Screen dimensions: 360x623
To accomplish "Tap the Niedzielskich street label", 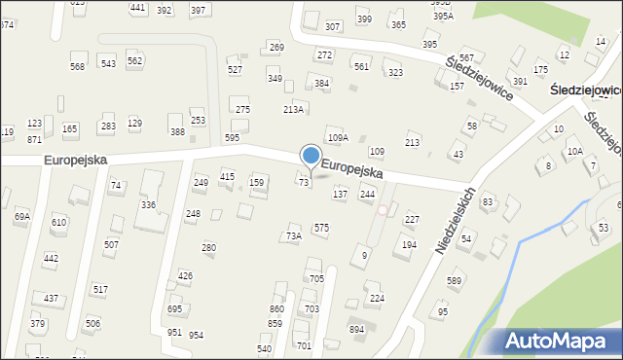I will click(455, 222).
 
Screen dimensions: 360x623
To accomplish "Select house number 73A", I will click(293, 235).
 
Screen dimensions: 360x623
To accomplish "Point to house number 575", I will click(320, 227).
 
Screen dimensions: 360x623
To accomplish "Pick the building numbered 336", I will click(148, 204).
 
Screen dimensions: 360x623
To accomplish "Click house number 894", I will click(357, 329).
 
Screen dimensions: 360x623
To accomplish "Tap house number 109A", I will click(337, 138).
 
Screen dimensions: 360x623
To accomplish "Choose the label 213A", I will click(293, 109).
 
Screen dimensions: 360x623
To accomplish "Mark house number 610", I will click(59, 222).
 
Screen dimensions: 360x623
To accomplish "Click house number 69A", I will click(21, 217).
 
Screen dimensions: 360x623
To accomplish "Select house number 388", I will click(177, 131).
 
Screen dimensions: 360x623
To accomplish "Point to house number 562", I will click(135, 60).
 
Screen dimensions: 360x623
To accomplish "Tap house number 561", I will click(361, 66).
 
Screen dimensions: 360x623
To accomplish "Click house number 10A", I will click(575, 151).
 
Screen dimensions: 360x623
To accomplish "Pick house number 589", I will click(454, 281).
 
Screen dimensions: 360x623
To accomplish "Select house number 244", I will click(367, 195).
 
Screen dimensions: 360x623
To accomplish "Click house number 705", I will click(315, 278).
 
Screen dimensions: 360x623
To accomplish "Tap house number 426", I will click(185, 275).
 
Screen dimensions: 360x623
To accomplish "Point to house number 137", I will click(340, 195).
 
